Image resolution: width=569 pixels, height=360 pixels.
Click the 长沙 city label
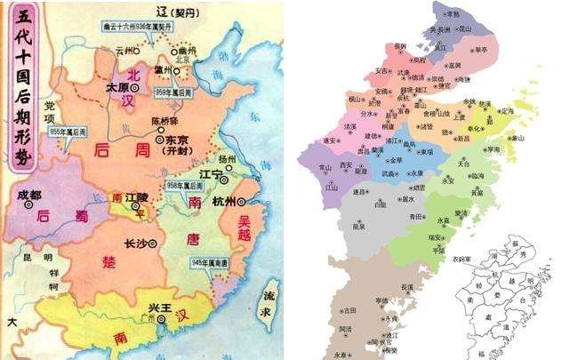click(133, 243)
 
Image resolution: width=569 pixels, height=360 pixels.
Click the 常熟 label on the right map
click(453, 14)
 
